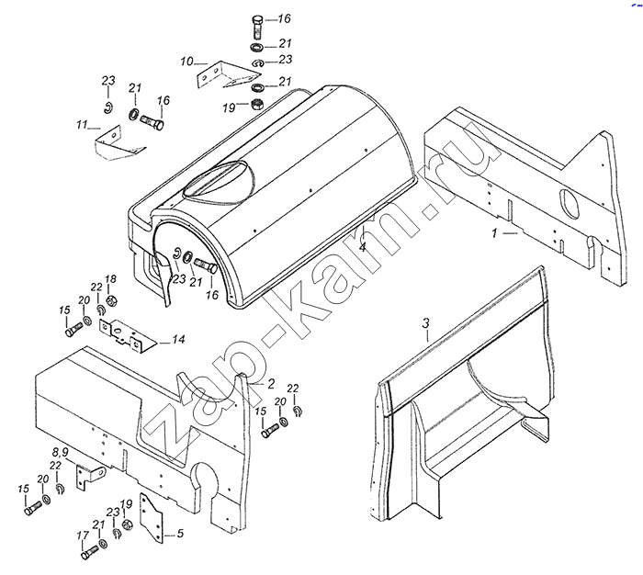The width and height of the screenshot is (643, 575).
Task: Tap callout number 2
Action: (x=272, y=381)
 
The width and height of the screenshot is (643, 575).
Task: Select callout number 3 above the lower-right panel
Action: (x=426, y=322)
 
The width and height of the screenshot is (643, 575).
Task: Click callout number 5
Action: (x=180, y=533)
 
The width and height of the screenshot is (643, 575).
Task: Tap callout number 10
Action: (x=186, y=62)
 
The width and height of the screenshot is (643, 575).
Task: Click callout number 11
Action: (x=82, y=124)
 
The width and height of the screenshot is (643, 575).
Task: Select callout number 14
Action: (x=177, y=340)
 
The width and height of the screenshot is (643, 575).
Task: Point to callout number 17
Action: (x=83, y=536)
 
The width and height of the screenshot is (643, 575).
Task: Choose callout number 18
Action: (x=110, y=279)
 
